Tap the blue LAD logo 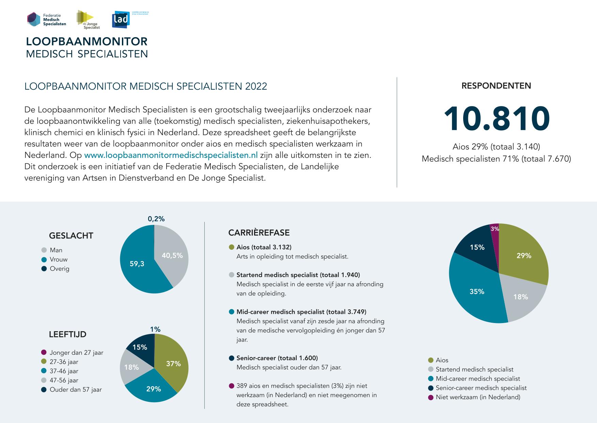(x=120, y=20)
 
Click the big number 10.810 (x=497, y=119)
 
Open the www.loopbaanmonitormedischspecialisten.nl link (x=171, y=155)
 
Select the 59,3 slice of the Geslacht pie (x=137, y=263)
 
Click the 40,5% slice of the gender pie (x=172, y=256)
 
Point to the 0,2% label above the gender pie (x=156, y=219)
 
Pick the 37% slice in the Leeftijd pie (x=173, y=364)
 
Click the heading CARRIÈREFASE (x=259, y=233)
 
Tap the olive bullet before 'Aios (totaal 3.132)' (x=232, y=247)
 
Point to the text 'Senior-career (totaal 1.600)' (x=277, y=358)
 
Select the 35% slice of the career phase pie (x=477, y=292)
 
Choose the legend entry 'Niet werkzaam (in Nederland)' (x=478, y=397)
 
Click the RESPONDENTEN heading (x=496, y=86)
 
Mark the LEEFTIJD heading (x=68, y=334)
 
